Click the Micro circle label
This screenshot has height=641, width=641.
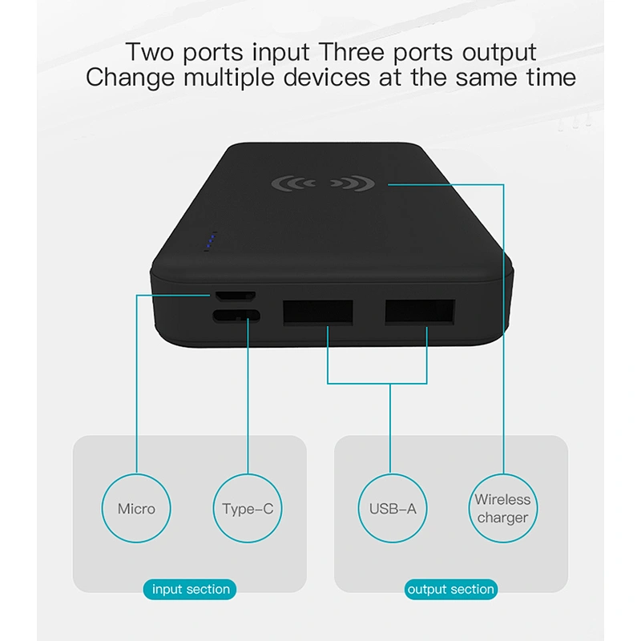[x=136, y=509]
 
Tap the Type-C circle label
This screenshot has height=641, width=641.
[x=248, y=509]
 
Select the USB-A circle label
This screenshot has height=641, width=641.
[x=393, y=509]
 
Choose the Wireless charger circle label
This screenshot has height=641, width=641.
[x=503, y=509]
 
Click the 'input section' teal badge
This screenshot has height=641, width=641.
[x=190, y=589]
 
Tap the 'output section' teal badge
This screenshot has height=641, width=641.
[x=450, y=589]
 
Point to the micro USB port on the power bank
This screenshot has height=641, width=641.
[x=236, y=296]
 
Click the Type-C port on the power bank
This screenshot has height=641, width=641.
[x=236, y=316]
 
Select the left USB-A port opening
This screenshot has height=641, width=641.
[x=318, y=312]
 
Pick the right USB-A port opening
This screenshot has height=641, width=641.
[x=420, y=312]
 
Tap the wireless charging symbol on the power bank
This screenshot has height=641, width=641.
[x=323, y=183]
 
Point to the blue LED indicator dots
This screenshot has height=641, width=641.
[x=211, y=242]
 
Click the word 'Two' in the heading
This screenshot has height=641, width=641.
[x=150, y=52]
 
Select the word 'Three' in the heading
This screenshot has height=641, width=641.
[x=352, y=52]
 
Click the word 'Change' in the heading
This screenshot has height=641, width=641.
[x=130, y=78]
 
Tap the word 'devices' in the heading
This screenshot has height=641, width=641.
[x=327, y=77]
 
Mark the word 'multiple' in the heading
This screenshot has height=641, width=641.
[x=229, y=78]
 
